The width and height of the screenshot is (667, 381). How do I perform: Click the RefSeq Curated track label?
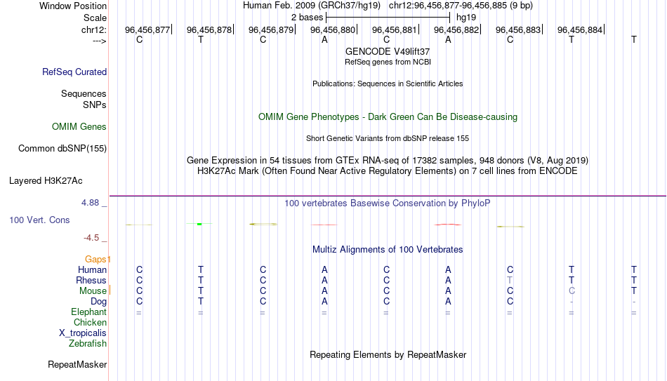pyautogui.click(x=74, y=72)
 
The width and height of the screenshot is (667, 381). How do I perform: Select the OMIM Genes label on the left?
pyautogui.click(x=79, y=127)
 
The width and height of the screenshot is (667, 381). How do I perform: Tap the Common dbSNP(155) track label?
pyautogui.click(x=62, y=149)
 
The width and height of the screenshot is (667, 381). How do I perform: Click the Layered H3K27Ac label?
pyautogui.click(x=46, y=181)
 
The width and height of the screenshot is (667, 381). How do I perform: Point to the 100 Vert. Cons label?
pyautogui.click(x=39, y=220)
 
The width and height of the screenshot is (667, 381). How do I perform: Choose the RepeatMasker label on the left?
pyautogui.click(x=77, y=364)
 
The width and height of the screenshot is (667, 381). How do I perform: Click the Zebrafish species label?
pyautogui.click(x=88, y=343)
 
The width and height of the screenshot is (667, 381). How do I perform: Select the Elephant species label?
pyautogui.click(x=89, y=312)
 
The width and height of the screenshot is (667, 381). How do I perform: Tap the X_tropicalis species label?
pyautogui.click(x=83, y=333)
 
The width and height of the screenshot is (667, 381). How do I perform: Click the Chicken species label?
pyautogui.click(x=90, y=322)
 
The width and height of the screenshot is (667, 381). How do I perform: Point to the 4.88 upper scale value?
pyautogui.click(x=90, y=203)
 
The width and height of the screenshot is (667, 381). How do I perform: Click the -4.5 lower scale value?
pyautogui.click(x=91, y=238)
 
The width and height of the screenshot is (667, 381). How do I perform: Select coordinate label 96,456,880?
pyautogui.click(x=333, y=29)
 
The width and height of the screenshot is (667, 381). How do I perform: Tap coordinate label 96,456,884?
pyautogui.click(x=580, y=29)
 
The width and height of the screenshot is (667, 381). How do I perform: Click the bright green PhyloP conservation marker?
pyautogui.click(x=199, y=224)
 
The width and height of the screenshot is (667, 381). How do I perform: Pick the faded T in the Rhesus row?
pyautogui.click(x=510, y=280)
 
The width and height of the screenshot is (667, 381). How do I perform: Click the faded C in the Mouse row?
pyautogui.click(x=572, y=291)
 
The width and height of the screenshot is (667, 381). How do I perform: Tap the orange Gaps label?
pyautogui.click(x=95, y=259)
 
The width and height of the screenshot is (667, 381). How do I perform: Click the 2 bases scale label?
pyautogui.click(x=307, y=18)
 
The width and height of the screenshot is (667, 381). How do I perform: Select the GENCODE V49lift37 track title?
pyautogui.click(x=388, y=51)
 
